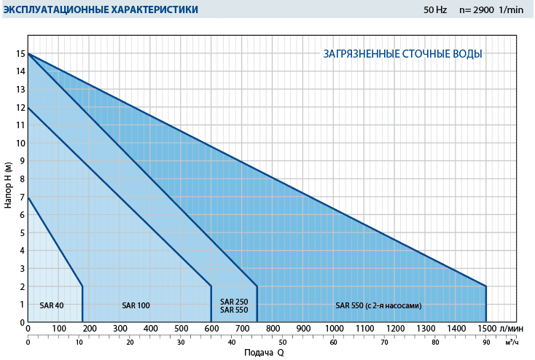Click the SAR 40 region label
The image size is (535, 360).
(52, 305)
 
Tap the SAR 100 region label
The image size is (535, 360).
(136, 305)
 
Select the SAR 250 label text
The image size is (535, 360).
(234, 301)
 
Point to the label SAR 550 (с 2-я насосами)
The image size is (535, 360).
(378, 305)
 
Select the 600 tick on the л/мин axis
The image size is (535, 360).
(211, 329)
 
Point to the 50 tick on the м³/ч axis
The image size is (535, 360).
(282, 341)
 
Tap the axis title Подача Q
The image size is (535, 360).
(263, 353)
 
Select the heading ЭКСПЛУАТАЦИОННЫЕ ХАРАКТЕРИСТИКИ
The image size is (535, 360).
(100, 9)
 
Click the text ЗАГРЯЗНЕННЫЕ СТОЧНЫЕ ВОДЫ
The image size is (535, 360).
(402, 54)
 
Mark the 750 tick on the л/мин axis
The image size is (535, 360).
(257, 329)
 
